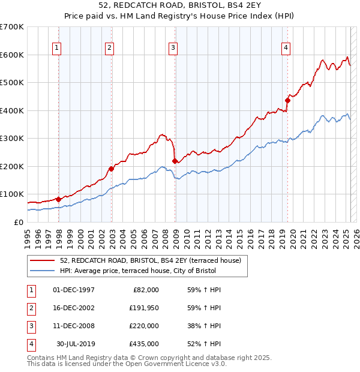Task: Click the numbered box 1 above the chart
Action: [x=56, y=49]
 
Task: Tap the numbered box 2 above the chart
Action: [x=110, y=49]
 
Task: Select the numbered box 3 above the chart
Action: [x=173, y=49]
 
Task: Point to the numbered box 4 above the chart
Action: [x=286, y=49]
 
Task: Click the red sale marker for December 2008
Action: [x=175, y=161]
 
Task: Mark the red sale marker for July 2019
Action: [x=287, y=101]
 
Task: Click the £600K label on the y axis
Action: [x=11, y=55]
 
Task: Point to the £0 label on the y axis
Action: [x=19, y=222]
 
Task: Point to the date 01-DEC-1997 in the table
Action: [x=74, y=290]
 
